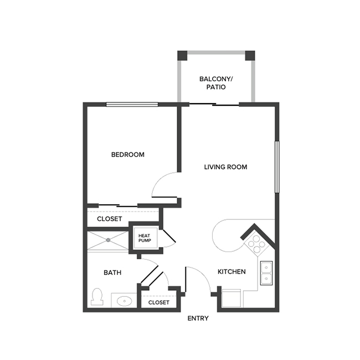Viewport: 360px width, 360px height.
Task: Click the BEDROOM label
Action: point(127,155)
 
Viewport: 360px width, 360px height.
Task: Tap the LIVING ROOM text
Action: point(225,167)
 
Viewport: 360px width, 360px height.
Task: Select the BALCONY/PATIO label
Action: point(216,83)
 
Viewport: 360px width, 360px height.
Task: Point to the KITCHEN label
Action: point(232,272)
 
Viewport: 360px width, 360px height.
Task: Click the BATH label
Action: point(112,272)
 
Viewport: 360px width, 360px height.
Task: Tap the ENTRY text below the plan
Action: point(198,318)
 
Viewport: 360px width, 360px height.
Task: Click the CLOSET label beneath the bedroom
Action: point(109,219)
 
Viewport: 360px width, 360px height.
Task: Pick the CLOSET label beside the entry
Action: point(158,302)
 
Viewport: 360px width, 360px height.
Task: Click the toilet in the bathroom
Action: point(97,297)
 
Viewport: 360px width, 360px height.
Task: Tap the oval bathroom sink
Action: point(124,302)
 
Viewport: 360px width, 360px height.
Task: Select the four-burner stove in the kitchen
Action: point(255,243)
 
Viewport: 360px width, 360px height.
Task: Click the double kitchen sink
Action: point(266,272)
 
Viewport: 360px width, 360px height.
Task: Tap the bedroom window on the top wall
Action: point(132,105)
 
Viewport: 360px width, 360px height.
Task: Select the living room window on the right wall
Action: point(276,167)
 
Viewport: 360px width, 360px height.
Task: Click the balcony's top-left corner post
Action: point(182,55)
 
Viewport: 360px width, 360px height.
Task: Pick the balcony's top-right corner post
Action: point(250,55)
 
